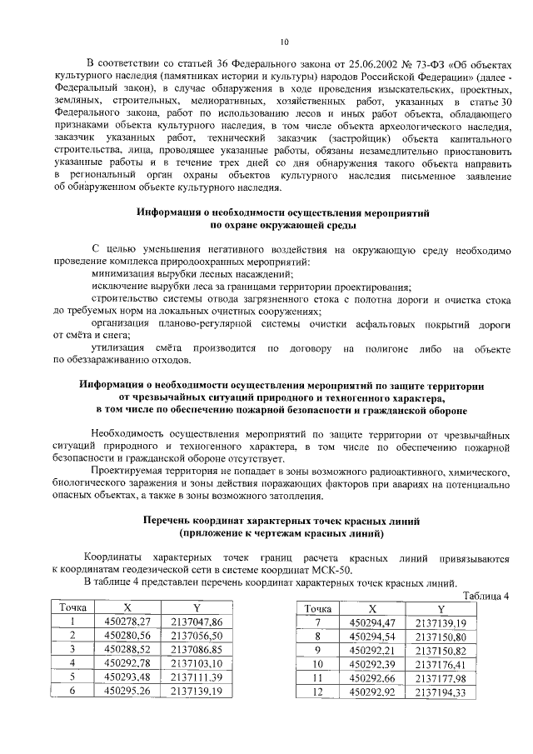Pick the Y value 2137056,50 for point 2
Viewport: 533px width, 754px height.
coord(197,635)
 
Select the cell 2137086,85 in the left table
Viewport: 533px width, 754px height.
coord(197,649)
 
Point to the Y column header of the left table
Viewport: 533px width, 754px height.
coord(197,607)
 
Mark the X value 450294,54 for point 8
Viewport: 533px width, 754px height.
coord(372,637)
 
